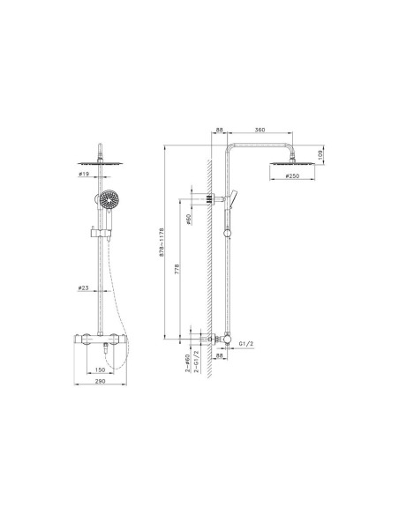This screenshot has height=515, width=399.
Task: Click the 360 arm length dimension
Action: click(x=260, y=131)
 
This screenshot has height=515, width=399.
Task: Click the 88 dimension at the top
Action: click(x=219, y=131)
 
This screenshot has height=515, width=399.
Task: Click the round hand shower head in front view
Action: click(x=108, y=200)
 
